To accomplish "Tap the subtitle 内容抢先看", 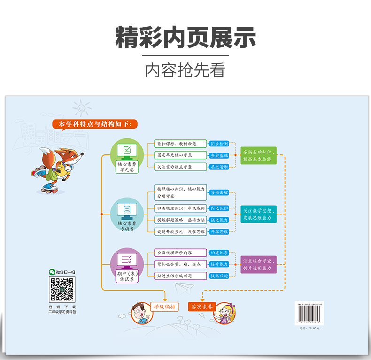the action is pyautogui.click(x=185, y=69).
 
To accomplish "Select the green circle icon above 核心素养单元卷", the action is pyautogui.click(x=127, y=151).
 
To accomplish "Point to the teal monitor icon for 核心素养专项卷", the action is pyautogui.click(x=127, y=210).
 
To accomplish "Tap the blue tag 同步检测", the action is pyautogui.click(x=219, y=144).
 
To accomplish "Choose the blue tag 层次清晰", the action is pyautogui.click(x=219, y=167).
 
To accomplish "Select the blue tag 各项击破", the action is pyautogui.click(x=219, y=192).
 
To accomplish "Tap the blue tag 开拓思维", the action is pyautogui.click(x=219, y=231).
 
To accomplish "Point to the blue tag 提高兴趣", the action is pyautogui.click(x=219, y=276).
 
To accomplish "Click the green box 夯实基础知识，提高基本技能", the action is pyautogui.click(x=257, y=155).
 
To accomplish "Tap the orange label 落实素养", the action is pyautogui.click(x=202, y=307).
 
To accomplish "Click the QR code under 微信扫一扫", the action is pyautogui.click(x=62, y=290).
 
